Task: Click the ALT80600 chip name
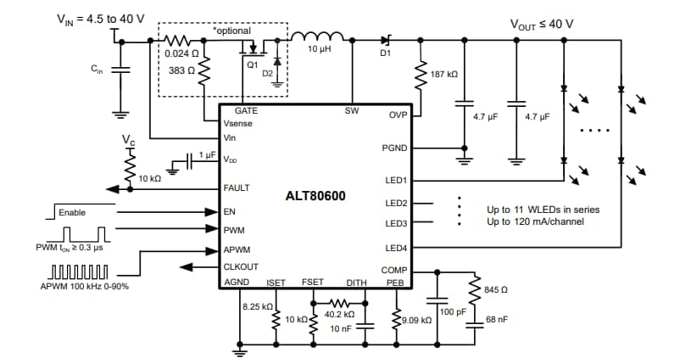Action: (315, 195)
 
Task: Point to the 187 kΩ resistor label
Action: (444, 75)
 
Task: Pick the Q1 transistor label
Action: (252, 64)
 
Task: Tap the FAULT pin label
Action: (237, 188)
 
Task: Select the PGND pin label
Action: (395, 148)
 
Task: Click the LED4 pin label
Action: (396, 248)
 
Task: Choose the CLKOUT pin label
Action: (241, 268)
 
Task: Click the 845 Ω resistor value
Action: (496, 290)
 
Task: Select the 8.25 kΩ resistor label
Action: (257, 306)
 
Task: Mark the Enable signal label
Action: (72, 212)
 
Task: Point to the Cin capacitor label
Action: (98, 71)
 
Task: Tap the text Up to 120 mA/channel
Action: (536, 221)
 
